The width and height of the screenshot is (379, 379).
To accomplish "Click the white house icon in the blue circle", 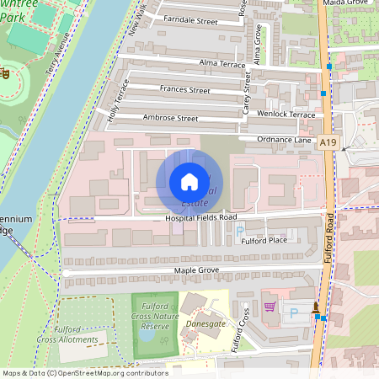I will (189, 182).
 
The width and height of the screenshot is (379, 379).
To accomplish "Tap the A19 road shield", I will (328, 144).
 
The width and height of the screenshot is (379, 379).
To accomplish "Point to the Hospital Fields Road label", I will (200, 218).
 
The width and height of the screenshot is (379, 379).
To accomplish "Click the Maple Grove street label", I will (196, 270).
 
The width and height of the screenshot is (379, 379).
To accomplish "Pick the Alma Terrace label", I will (222, 64).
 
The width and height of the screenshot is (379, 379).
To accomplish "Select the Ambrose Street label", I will (170, 118).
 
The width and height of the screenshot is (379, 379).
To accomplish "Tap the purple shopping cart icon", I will (270, 308).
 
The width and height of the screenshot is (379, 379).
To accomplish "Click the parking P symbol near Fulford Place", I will (239, 230).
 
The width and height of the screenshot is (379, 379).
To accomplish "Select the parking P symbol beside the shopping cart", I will (294, 313).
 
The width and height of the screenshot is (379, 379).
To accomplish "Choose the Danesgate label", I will (205, 322).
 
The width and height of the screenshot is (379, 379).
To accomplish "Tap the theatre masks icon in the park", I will (5, 74).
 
